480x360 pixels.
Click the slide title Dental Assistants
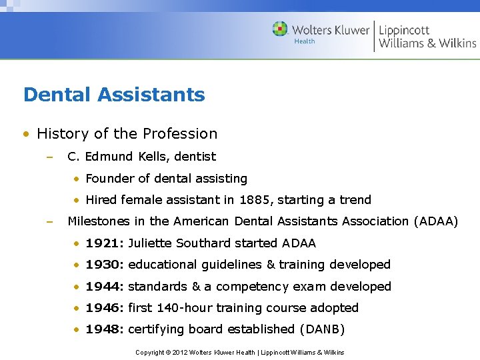coord(114,95)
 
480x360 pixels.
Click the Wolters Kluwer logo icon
coord(280,29)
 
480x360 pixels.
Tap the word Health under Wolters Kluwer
coord(305,41)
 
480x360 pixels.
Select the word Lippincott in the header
coord(404,29)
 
